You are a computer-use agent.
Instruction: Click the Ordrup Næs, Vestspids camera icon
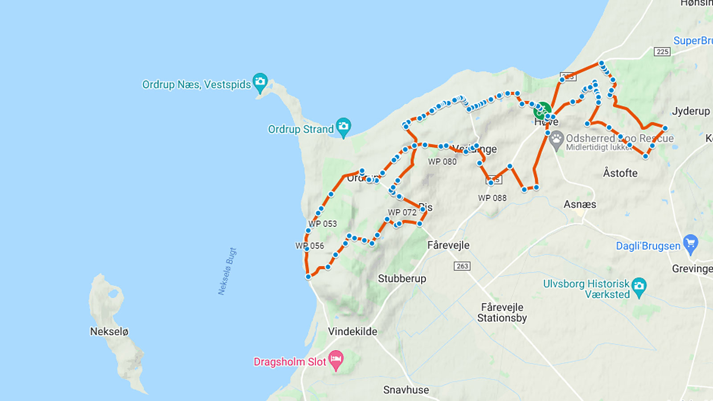(x=260, y=82)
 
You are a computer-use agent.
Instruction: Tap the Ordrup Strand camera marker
(x=343, y=126)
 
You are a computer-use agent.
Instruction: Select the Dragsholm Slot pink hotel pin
(x=336, y=359)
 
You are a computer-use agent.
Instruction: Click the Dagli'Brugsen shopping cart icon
(x=690, y=243)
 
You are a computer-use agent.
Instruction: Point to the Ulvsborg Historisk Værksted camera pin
(x=639, y=286)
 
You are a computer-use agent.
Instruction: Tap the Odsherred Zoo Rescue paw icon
(x=556, y=139)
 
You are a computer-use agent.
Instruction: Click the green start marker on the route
(x=542, y=110)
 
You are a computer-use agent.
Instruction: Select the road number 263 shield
(x=462, y=266)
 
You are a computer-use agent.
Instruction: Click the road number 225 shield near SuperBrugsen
(x=662, y=52)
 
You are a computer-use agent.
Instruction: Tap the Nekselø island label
(x=109, y=331)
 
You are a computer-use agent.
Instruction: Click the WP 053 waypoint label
(x=323, y=224)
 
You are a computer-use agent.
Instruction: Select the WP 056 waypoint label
(x=310, y=246)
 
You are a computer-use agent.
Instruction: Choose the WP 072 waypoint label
(x=402, y=213)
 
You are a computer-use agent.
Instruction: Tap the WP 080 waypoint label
(x=442, y=162)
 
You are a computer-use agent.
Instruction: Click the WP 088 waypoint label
(x=492, y=198)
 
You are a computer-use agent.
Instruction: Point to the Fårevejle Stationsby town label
(x=502, y=312)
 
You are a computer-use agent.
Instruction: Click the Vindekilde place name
(x=352, y=331)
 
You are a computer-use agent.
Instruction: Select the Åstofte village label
(x=620, y=173)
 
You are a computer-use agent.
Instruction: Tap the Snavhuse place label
(x=406, y=390)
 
